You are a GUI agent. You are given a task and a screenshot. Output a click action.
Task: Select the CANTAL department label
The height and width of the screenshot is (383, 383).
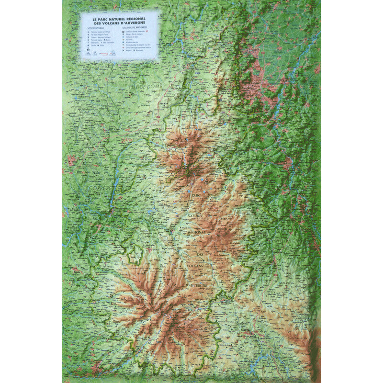click(163, 287)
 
